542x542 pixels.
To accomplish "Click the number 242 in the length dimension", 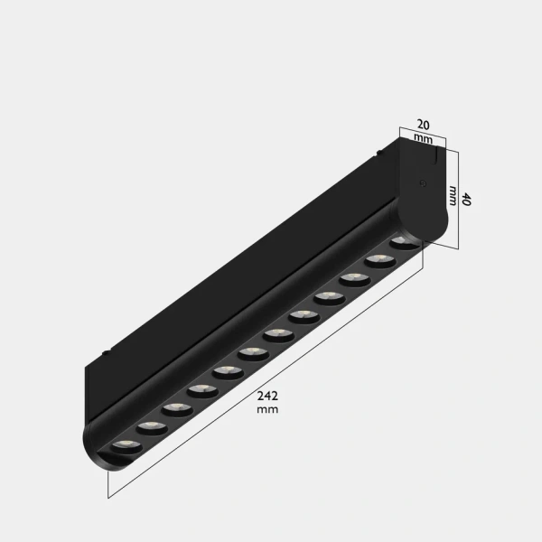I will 266,395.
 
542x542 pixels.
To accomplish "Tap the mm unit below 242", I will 266,409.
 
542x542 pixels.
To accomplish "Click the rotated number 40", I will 466,200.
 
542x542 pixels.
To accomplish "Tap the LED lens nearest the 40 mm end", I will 404,243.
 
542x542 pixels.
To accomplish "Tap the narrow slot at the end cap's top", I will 437,157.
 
